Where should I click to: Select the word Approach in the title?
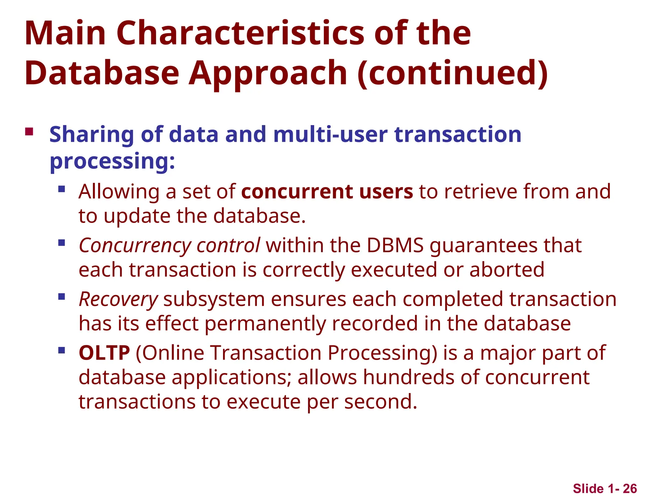point(268,73)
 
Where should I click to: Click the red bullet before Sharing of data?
point(29,132)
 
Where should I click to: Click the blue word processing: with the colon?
point(112,161)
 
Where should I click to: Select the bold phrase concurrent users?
point(327,191)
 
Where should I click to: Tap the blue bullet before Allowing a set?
point(61,189)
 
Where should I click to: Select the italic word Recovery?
point(118,299)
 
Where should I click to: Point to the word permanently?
point(265,324)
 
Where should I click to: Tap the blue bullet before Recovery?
point(61,297)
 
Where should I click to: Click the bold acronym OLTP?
point(104,353)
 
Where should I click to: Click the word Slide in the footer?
point(588,489)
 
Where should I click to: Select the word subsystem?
point(214,299)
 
